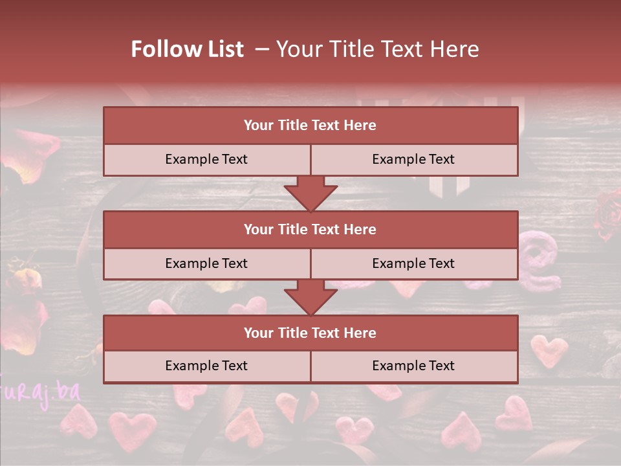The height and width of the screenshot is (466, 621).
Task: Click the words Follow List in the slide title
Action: pyautogui.click(x=188, y=49)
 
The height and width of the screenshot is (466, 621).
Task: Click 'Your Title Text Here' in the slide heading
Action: pyautogui.click(x=377, y=49)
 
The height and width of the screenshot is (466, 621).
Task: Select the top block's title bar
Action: pyautogui.click(x=310, y=126)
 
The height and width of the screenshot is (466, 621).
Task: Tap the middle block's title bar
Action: pyautogui.click(x=310, y=229)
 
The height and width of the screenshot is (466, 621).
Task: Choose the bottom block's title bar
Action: pyautogui.click(x=310, y=333)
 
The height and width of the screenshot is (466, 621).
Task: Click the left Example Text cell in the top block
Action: pyautogui.click(x=206, y=159)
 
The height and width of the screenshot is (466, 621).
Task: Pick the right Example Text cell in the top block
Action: pyautogui.click(x=413, y=159)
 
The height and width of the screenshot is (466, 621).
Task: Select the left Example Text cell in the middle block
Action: pyautogui.click(x=206, y=263)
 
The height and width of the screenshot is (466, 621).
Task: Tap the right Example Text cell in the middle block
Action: pyautogui.click(x=413, y=263)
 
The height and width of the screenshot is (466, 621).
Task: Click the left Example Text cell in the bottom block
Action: pyautogui.click(x=206, y=366)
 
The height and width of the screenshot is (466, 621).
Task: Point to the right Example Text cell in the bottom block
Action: pyautogui.click(x=413, y=366)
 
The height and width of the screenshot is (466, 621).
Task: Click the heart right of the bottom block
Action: pyautogui.click(x=549, y=351)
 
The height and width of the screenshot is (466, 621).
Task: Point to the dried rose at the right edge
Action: pyautogui.click(x=607, y=214)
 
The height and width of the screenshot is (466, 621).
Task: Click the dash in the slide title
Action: pyautogui.click(x=262, y=49)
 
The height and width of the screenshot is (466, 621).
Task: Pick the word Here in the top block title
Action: pyautogui.click(x=360, y=126)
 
